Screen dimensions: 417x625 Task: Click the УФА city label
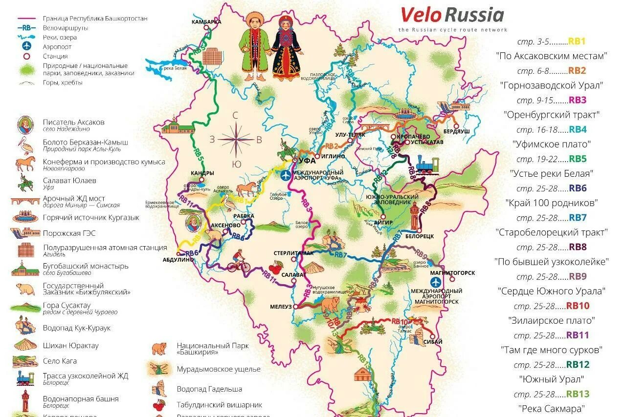(307, 160)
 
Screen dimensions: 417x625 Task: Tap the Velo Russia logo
(452, 15)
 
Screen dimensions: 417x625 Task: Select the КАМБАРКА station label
(206, 22)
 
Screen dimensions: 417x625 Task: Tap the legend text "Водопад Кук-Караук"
(77, 328)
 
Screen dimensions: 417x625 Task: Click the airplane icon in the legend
(27, 46)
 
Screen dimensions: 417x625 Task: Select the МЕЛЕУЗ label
(281, 307)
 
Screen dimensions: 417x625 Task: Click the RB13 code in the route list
(578, 394)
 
